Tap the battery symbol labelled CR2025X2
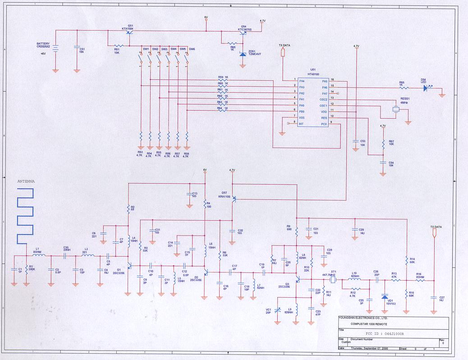[x=55, y=49]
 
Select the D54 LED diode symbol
[x=426, y=88]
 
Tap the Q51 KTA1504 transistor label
[x=130, y=27]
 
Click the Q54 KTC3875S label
[x=244, y=28]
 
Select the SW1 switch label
[x=146, y=49]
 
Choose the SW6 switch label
[x=192, y=49]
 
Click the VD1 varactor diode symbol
[x=384, y=297]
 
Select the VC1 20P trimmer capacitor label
[x=269, y=311]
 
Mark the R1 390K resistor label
[x=31, y=268]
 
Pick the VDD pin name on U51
[x=323, y=111]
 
